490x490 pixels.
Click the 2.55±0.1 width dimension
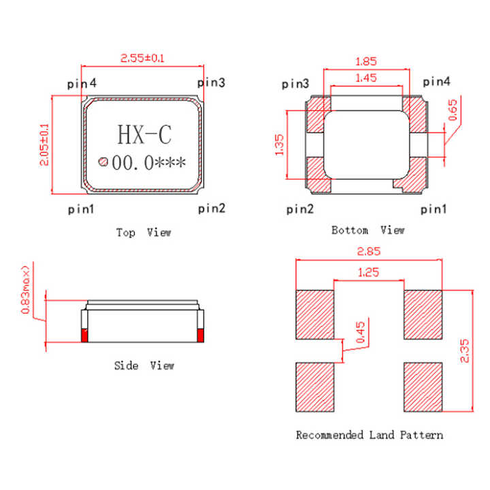tap(142, 59)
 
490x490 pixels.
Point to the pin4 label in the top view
tap(82, 83)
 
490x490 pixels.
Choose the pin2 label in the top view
tap(212, 208)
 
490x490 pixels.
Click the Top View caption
tap(144, 233)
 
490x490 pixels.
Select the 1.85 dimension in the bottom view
tap(367, 61)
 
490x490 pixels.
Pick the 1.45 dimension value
tap(366, 79)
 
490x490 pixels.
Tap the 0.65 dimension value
tap(454, 110)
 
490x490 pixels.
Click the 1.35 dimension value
tap(280, 144)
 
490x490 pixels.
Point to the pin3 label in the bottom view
tap(295, 84)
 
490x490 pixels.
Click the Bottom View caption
tap(367, 230)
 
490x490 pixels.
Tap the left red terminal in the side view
tap(85, 335)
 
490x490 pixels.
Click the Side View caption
tap(144, 365)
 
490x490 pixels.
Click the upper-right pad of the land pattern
tap(423, 314)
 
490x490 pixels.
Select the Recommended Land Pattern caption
tap(370, 434)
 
